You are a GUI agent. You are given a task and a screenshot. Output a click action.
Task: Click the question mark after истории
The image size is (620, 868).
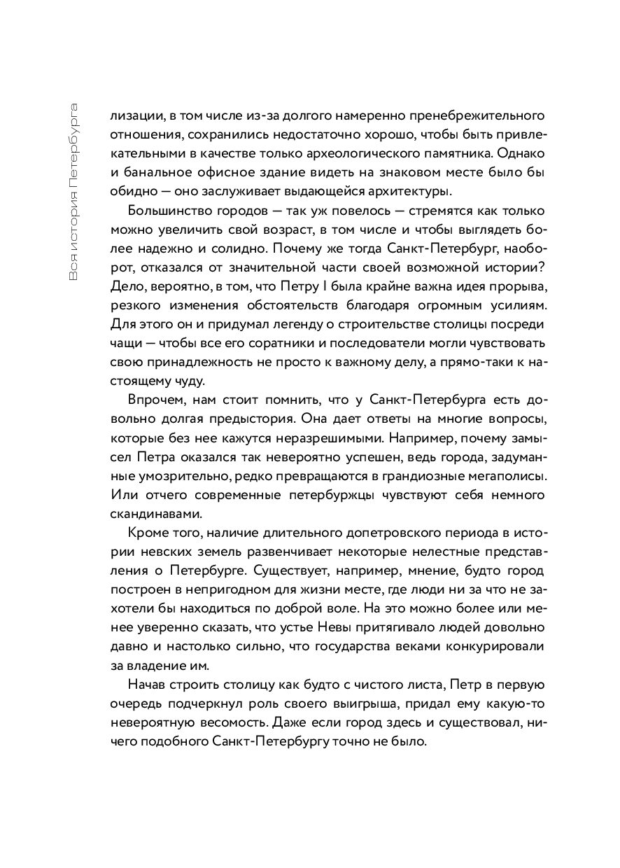click(x=542, y=269)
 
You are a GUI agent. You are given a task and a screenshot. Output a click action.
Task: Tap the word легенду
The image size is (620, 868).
click(x=297, y=327)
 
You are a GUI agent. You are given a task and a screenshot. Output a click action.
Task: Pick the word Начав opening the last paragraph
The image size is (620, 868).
click(x=148, y=685)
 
